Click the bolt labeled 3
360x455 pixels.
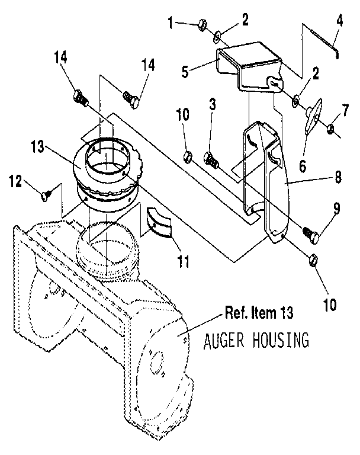pos(211,158)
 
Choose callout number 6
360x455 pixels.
pos(303,165)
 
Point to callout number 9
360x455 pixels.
pos(336,209)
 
